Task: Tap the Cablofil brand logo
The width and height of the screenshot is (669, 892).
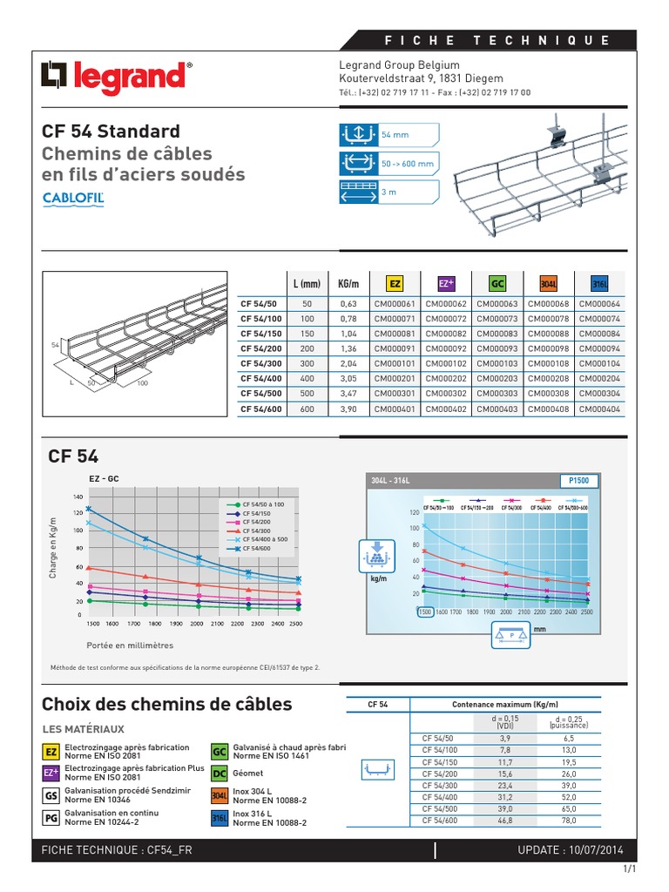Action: [73, 198]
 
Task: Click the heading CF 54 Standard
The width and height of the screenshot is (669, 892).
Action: [111, 132]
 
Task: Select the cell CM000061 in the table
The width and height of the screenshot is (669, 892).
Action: [395, 304]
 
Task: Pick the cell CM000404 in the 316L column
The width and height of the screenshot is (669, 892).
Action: [599, 408]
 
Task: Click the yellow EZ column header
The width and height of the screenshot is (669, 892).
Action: [395, 284]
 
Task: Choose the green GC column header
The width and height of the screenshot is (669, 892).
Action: [497, 284]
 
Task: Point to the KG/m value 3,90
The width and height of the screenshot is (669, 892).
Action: [348, 408]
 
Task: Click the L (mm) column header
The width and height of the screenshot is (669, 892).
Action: [307, 284]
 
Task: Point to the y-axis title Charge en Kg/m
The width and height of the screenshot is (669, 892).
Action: [53, 547]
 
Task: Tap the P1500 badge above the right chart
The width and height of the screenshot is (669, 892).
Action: [577, 480]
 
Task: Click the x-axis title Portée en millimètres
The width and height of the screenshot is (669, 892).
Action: [130, 645]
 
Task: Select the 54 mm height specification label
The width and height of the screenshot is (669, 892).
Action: [395, 135]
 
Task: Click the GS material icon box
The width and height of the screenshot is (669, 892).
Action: [51, 794]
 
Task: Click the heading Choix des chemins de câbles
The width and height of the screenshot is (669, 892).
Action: [166, 704]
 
